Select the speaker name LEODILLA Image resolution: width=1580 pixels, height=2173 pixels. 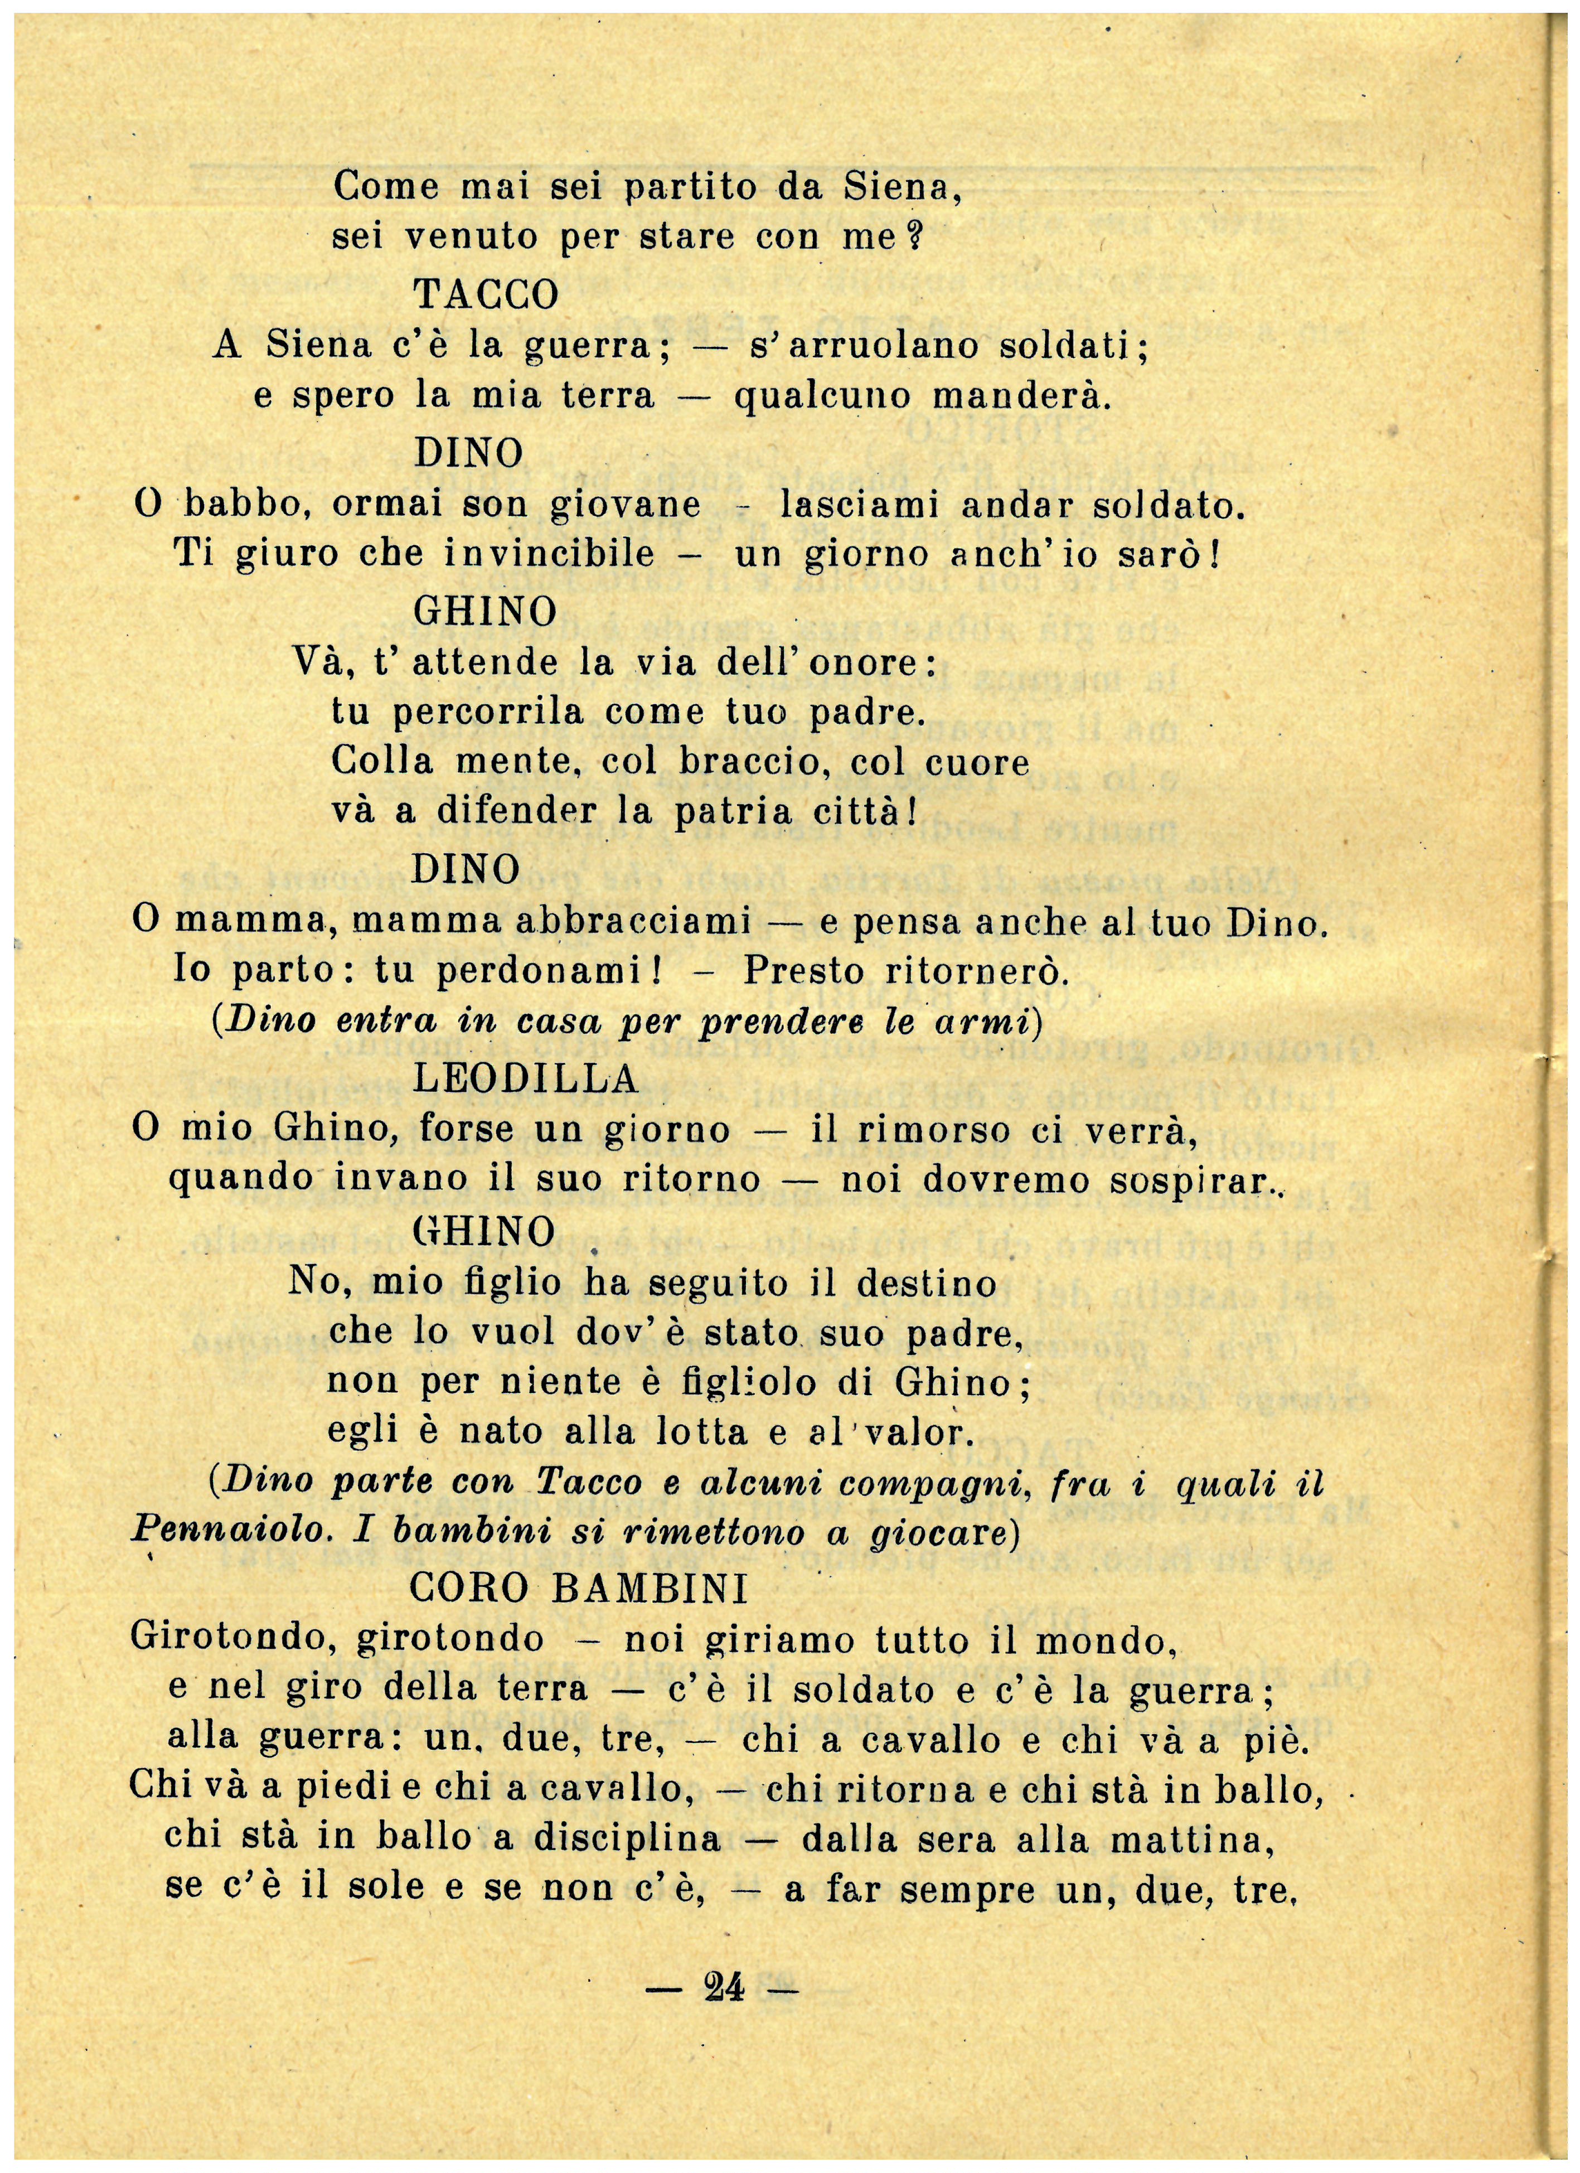click(x=526, y=1080)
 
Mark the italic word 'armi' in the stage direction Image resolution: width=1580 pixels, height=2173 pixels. click(x=991, y=1022)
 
